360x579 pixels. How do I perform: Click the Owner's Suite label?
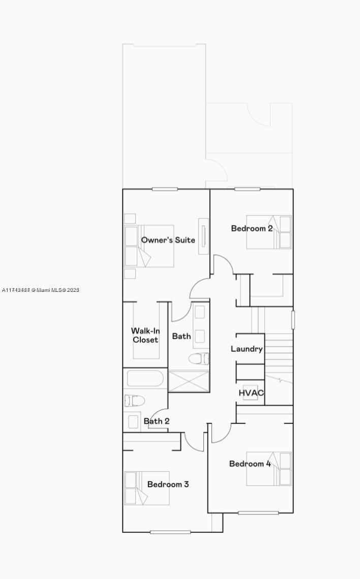tap(168, 240)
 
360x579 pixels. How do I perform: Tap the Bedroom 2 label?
tap(252, 228)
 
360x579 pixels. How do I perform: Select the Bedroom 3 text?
tap(168, 484)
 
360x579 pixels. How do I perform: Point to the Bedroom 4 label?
tap(250, 464)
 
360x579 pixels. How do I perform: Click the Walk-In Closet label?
tap(145, 336)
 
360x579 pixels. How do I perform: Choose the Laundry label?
tap(247, 349)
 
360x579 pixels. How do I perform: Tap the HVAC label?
tap(251, 393)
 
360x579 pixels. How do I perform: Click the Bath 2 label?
tap(157, 421)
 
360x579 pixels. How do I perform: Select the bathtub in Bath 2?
tap(145, 379)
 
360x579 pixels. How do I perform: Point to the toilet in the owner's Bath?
tap(199, 359)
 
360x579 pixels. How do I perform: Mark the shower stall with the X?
tap(189, 381)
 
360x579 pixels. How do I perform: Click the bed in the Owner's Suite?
tap(149, 246)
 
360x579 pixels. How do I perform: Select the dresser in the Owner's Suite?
tap(204, 236)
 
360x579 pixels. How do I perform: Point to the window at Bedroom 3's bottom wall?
tap(170, 532)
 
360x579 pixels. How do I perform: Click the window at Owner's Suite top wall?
tap(165, 189)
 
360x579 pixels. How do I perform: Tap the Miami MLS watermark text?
tap(41, 290)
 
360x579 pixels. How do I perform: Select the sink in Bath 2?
tap(133, 421)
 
